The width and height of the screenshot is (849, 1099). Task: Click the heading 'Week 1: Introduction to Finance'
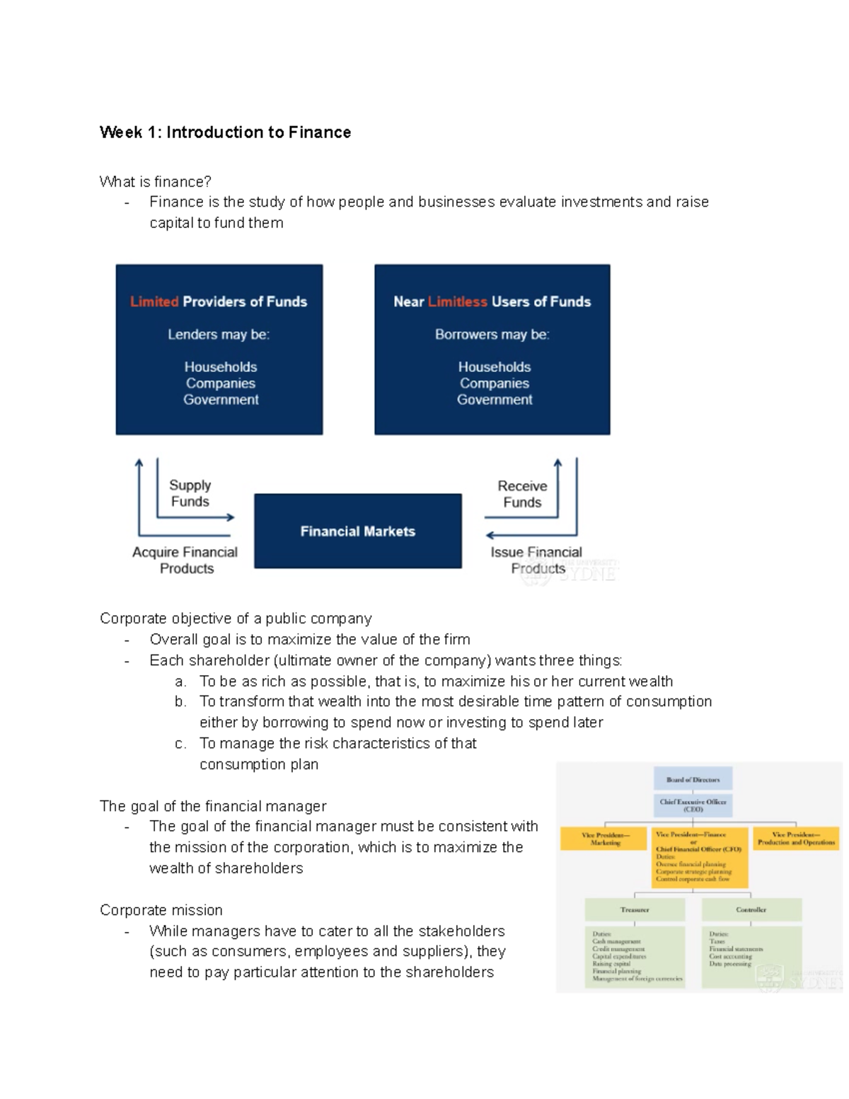pyautogui.click(x=225, y=132)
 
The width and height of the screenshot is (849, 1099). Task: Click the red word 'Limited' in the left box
pyautogui.click(x=154, y=301)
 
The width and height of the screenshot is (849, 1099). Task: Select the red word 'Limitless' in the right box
pyautogui.click(x=457, y=301)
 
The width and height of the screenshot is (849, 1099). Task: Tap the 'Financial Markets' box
pyautogui.click(x=357, y=531)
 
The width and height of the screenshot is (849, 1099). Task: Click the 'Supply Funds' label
pyautogui.click(x=190, y=493)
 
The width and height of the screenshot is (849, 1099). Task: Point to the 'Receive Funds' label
pyautogui.click(x=522, y=494)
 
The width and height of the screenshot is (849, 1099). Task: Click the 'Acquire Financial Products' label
pyautogui.click(x=185, y=560)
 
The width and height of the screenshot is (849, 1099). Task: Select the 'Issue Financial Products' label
pyautogui.click(x=536, y=560)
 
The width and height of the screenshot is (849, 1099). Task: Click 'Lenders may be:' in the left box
pyautogui.click(x=219, y=335)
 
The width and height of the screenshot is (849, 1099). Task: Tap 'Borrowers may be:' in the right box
pyautogui.click(x=492, y=335)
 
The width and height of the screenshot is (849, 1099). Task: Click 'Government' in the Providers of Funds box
pyautogui.click(x=221, y=400)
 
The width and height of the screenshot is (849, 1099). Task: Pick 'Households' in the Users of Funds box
pyautogui.click(x=494, y=367)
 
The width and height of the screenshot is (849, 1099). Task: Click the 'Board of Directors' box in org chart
pyautogui.click(x=693, y=779)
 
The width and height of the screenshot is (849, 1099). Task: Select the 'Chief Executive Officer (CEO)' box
pyautogui.click(x=693, y=805)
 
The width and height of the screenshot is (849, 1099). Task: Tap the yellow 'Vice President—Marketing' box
pyautogui.click(x=604, y=839)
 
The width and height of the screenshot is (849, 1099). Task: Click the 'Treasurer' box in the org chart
pyautogui.click(x=635, y=910)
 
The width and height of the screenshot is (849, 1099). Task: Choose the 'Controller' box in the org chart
pyautogui.click(x=751, y=910)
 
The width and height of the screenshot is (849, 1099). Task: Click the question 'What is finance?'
pyautogui.click(x=156, y=182)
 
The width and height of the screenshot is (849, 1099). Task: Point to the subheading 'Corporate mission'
pyautogui.click(x=161, y=910)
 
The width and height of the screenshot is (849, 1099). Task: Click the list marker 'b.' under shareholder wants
pyautogui.click(x=180, y=702)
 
